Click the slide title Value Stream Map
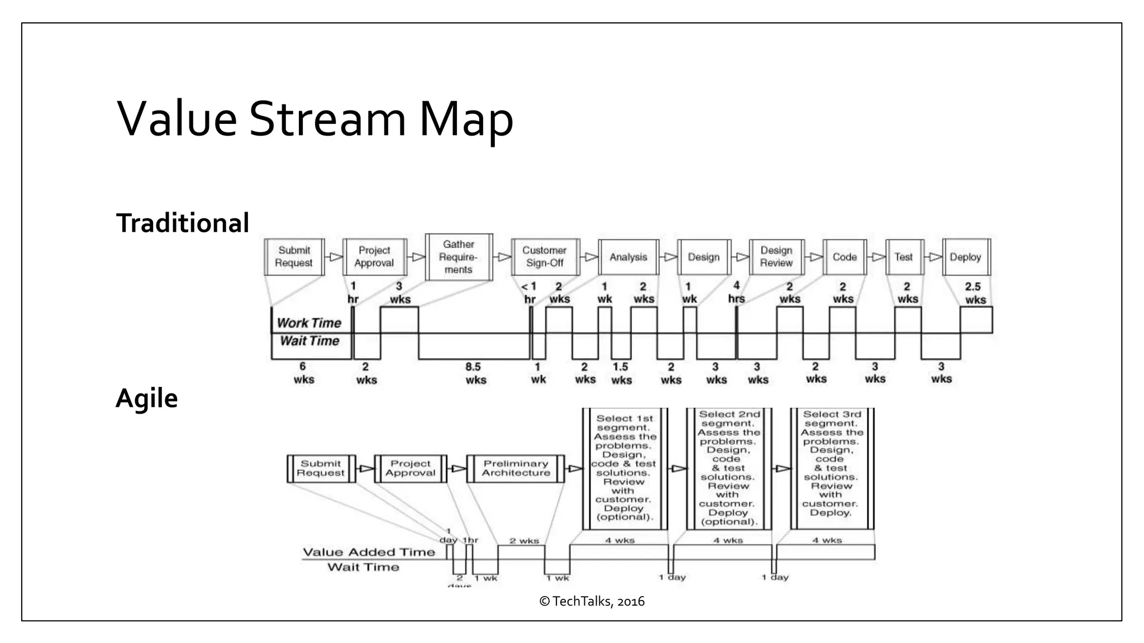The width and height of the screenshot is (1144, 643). click(x=315, y=119)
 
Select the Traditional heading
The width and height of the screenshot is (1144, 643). click(x=182, y=223)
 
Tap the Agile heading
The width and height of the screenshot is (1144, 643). click(x=146, y=399)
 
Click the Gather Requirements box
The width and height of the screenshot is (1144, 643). click(x=459, y=257)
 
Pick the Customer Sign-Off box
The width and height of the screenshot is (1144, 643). click(x=545, y=257)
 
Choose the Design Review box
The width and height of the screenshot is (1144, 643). click(x=776, y=257)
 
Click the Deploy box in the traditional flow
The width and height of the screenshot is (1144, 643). click(x=966, y=257)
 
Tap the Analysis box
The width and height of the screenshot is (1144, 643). click(x=628, y=257)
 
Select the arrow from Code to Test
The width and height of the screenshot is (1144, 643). click(x=877, y=257)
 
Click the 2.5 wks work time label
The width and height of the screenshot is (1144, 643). click(x=975, y=293)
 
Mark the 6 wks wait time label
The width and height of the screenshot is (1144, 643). click(x=303, y=373)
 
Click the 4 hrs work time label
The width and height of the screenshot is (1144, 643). click(x=736, y=292)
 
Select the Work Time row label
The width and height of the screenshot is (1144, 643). click(x=309, y=323)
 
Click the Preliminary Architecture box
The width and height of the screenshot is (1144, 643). click(x=516, y=468)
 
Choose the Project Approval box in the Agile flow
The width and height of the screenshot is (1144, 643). click(x=411, y=468)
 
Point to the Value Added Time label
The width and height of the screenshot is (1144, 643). click(x=369, y=552)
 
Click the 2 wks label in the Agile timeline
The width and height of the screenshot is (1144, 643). click(x=524, y=540)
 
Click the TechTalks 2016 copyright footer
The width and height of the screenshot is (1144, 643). click(x=592, y=601)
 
